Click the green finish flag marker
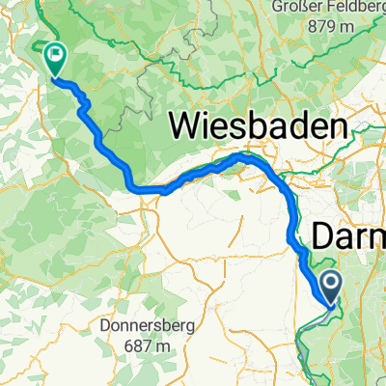[54, 60]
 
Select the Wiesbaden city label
[258, 125]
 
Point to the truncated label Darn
[349, 236]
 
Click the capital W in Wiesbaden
[186, 125]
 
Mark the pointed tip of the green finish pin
[54, 77]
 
